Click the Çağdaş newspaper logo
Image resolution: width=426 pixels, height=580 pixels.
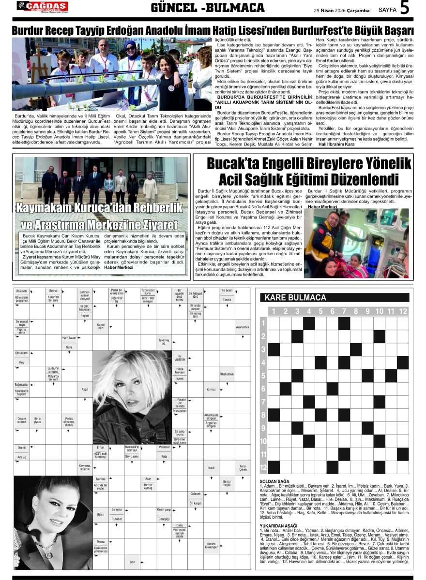pos(42,7)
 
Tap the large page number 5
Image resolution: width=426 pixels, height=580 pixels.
pos(405,8)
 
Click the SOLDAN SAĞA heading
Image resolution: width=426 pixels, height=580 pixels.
pos(274,481)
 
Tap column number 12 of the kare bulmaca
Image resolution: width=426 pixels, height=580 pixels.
pos(403,311)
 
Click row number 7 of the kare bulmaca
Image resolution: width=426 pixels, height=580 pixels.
pos(263,402)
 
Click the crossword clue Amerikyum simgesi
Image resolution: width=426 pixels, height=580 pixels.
pos(211,416)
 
